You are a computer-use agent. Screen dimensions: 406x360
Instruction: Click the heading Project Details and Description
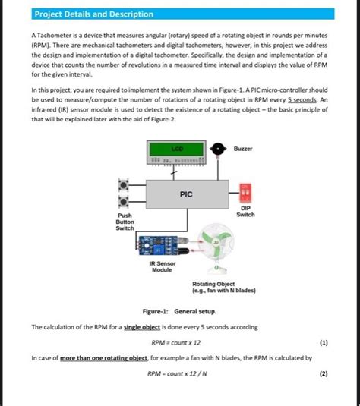(x=93, y=14)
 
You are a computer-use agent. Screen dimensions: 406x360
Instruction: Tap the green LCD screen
(x=176, y=149)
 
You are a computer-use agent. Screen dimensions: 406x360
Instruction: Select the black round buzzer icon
(x=218, y=149)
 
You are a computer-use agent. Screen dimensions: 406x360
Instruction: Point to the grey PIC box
(x=185, y=194)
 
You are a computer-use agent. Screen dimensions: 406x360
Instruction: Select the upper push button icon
(x=123, y=184)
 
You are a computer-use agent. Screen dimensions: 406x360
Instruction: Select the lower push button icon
(x=123, y=202)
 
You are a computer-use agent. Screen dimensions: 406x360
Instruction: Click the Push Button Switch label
(x=124, y=222)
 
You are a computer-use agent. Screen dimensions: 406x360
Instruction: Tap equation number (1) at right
(x=324, y=342)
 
